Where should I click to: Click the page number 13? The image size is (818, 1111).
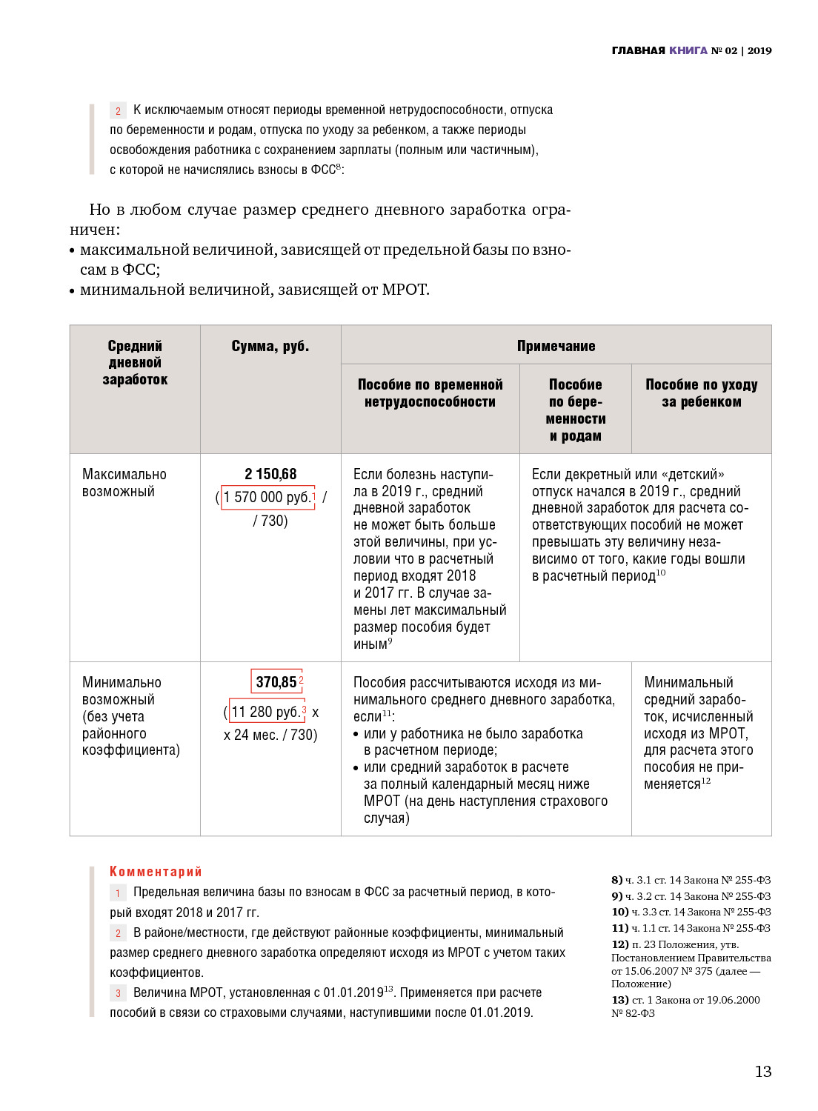(762, 1072)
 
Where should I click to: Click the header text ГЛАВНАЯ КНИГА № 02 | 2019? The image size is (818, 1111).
(691, 50)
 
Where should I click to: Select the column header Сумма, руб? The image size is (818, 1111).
(270, 346)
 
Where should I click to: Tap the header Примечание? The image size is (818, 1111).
(556, 346)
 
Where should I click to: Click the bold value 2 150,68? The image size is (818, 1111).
(270, 474)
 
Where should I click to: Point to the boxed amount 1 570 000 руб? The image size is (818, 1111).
(268, 497)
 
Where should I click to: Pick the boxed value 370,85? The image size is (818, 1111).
(276, 681)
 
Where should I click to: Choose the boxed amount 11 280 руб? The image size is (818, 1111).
(267, 712)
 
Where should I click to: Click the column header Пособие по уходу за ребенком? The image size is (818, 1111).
(701, 393)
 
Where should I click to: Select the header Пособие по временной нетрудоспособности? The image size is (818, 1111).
(430, 393)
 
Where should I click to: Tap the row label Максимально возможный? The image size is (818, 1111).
(124, 482)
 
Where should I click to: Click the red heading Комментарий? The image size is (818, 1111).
(156, 872)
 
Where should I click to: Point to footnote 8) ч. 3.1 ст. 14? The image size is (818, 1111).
(691, 880)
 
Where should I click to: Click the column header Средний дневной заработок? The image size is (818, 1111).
(135, 362)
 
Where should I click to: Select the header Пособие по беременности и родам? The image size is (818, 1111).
(576, 410)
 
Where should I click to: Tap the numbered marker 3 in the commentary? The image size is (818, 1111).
(118, 993)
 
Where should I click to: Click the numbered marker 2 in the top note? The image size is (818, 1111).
(118, 111)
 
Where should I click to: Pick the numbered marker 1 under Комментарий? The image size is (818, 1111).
(118, 893)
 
